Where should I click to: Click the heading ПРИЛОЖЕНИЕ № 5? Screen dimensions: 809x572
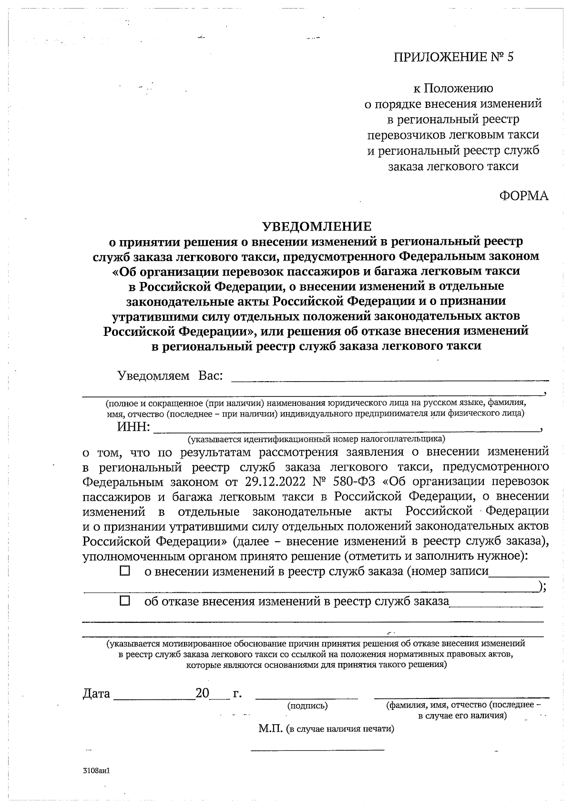point(454,58)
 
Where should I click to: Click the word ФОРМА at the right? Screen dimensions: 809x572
point(524,196)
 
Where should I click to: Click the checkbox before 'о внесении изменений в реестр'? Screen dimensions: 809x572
point(125,571)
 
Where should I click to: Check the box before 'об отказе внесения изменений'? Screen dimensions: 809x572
point(125,601)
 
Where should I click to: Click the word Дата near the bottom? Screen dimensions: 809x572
point(96,693)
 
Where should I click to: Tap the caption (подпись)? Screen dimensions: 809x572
point(307,706)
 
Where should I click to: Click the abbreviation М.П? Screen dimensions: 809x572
point(271,729)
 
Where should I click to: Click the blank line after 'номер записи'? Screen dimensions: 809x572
point(519,576)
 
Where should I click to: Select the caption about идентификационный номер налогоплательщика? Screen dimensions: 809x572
point(316,438)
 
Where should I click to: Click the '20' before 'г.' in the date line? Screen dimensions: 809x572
point(203,693)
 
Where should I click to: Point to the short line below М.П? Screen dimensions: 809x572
point(317,750)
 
